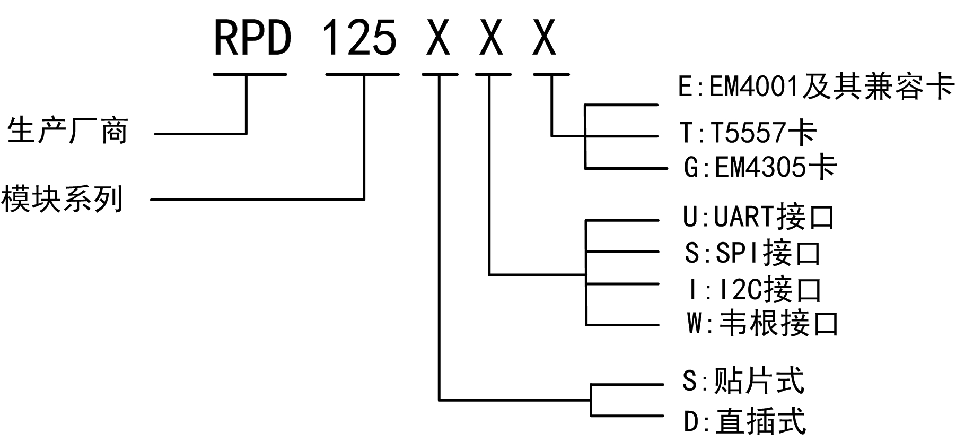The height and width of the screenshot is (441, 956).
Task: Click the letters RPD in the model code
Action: [253, 38]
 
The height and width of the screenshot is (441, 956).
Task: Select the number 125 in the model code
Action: [359, 38]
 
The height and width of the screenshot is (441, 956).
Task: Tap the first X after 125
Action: [438, 38]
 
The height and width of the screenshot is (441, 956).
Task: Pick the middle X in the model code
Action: [491, 38]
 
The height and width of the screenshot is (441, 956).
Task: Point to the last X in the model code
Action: [544, 38]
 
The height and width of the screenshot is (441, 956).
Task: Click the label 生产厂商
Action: [68, 131]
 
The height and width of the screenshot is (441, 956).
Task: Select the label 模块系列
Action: [62, 200]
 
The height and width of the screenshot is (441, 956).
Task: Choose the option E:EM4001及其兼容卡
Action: [816, 87]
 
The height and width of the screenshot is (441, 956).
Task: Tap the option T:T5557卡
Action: [748, 132]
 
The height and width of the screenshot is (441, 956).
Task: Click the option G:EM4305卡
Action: [760, 168]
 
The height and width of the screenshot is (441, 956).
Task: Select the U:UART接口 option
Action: [759, 217]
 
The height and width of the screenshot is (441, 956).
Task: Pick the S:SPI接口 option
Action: [752, 253]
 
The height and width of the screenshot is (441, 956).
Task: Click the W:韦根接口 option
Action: [762, 323]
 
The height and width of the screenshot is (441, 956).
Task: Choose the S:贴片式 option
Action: [743, 381]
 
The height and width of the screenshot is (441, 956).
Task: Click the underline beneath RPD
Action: [250, 74]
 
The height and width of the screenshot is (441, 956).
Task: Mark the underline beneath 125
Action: [362, 74]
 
